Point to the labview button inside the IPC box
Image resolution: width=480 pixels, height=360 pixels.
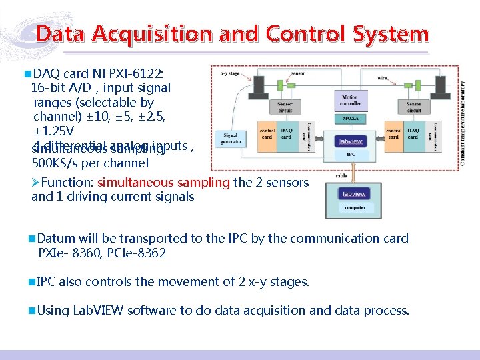tap(351, 141)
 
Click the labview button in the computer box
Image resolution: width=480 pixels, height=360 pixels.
tap(353, 194)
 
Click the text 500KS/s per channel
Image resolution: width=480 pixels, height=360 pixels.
tap(90, 163)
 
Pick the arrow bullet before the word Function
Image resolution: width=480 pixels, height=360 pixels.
tap(36, 183)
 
